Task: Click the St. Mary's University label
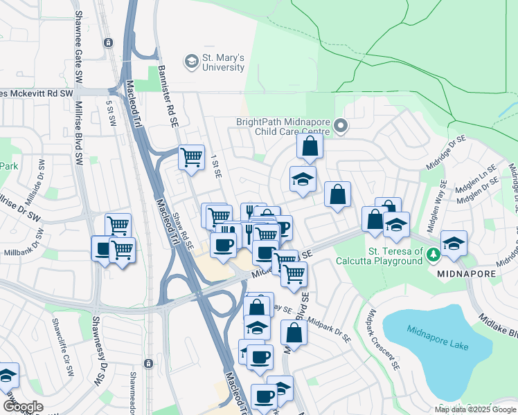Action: [x=223, y=62]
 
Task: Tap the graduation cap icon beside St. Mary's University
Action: [x=190, y=62]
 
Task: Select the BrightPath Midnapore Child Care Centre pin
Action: [x=340, y=126]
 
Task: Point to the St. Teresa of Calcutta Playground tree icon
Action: [x=434, y=255]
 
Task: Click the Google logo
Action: [x=23, y=406]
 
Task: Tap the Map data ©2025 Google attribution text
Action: [x=475, y=409]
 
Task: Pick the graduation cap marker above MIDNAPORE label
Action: [x=454, y=243]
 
